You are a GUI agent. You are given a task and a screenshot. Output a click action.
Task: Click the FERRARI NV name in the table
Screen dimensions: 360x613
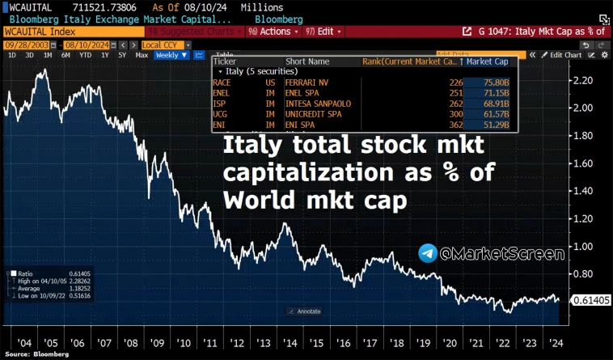pyautogui.click(x=308, y=82)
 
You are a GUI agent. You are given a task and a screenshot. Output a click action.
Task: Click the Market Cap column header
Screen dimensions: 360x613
pyautogui.click(x=488, y=61)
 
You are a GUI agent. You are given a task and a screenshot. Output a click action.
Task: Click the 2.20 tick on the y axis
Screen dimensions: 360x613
pyautogui.click(x=582, y=80)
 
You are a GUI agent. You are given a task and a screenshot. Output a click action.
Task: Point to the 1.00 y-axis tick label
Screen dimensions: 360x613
pyautogui.click(x=582, y=247)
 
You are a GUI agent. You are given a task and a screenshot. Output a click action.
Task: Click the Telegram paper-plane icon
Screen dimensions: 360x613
pyautogui.click(x=428, y=254)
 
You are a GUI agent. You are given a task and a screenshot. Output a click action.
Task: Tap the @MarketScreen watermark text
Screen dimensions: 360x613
pyautogui.click(x=501, y=254)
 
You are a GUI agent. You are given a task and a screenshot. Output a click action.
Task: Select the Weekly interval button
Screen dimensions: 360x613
pyautogui.click(x=167, y=55)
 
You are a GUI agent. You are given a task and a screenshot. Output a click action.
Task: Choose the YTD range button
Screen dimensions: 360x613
pyautogui.click(x=84, y=55)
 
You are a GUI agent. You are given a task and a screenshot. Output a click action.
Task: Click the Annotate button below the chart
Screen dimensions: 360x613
pyautogui.click(x=306, y=311)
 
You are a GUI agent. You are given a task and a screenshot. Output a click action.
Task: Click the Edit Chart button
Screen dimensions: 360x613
pyautogui.click(x=563, y=55)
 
